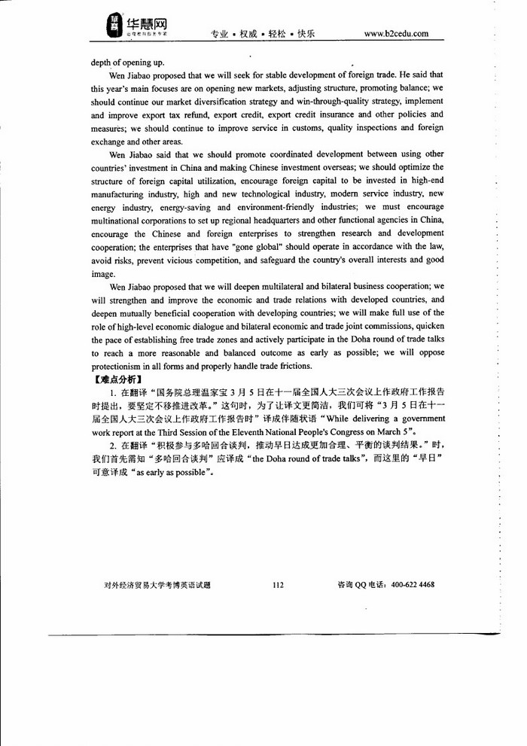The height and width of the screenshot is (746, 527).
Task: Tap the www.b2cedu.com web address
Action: pos(396,34)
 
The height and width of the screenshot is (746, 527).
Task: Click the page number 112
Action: pos(278,585)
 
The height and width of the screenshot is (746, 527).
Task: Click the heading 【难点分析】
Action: pos(113,379)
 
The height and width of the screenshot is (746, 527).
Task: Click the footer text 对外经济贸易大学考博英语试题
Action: pos(158,585)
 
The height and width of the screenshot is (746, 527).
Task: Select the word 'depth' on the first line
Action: pos(102,62)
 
